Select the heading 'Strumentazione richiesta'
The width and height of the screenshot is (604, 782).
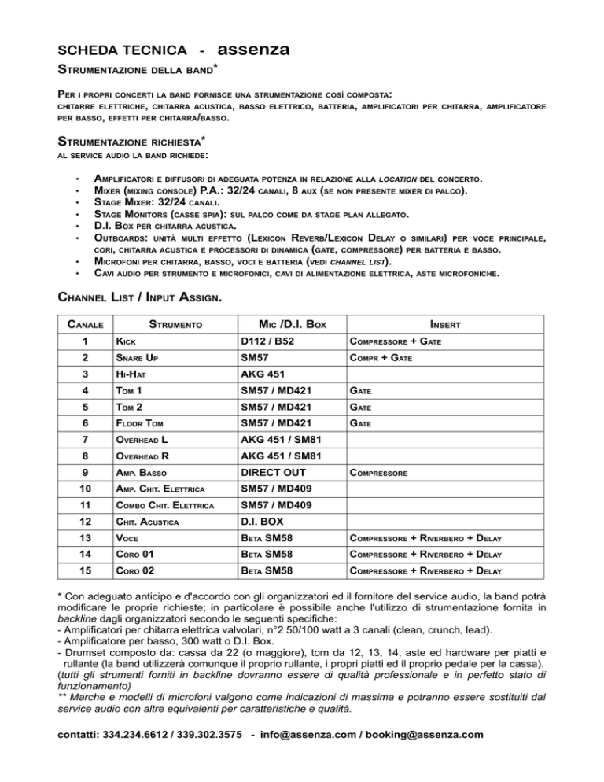pos(125,142)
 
